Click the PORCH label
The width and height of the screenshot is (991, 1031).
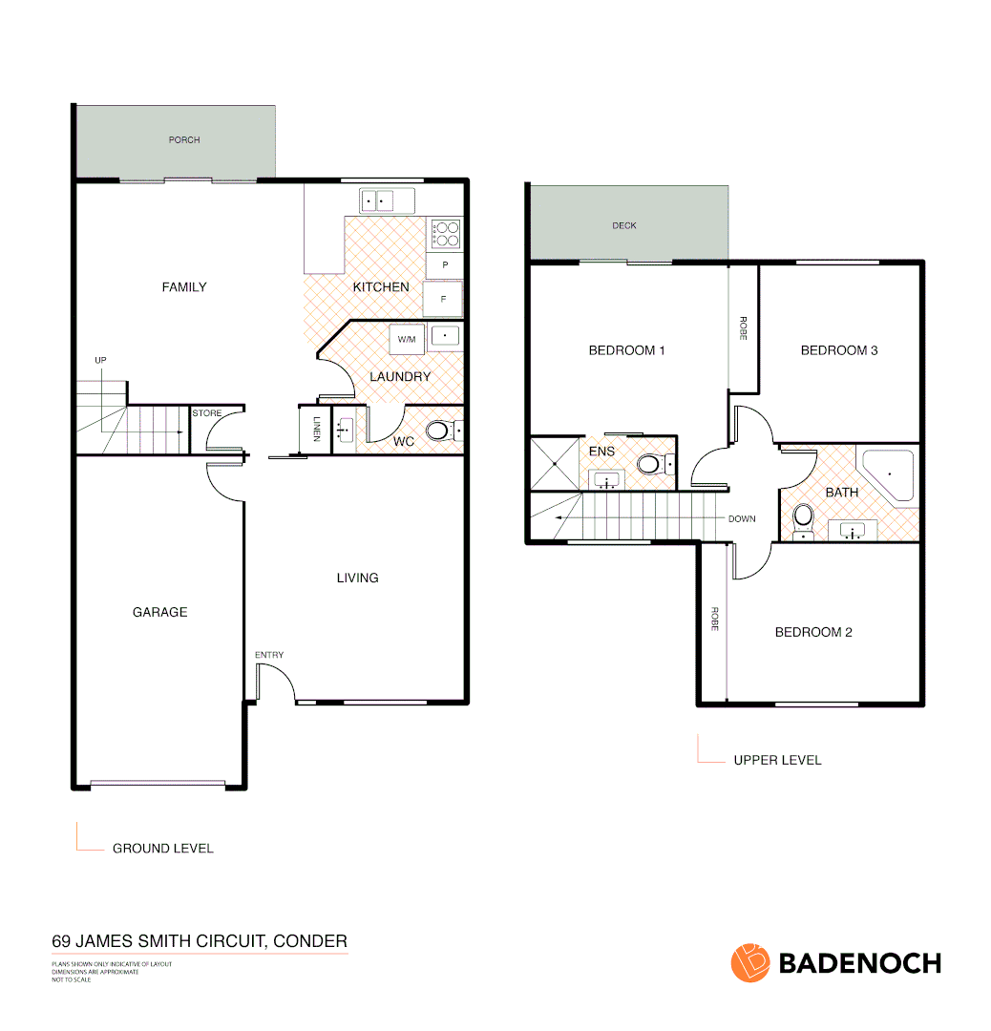[184, 140]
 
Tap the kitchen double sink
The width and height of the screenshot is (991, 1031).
[387, 201]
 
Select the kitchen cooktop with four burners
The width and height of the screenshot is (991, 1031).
[445, 234]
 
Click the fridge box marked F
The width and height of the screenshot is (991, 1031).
[443, 299]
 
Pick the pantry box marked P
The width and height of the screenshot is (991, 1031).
[444, 264]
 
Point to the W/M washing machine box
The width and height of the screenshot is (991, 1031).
[407, 339]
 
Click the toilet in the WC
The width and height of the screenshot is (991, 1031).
[438, 431]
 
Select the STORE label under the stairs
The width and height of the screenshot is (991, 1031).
[207, 413]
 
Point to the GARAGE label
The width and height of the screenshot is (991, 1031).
[159, 612]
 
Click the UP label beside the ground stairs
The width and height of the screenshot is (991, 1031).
[100, 360]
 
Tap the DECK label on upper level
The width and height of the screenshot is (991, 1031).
[623, 226]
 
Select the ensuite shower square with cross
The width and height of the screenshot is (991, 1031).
[554, 464]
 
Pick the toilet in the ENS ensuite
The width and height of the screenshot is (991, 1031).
[652, 465]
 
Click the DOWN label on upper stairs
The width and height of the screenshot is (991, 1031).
[742, 519]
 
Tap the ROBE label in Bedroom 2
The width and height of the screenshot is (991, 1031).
[713, 620]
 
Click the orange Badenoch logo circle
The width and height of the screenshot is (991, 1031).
[750, 962]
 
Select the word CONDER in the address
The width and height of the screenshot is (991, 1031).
[310, 941]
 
